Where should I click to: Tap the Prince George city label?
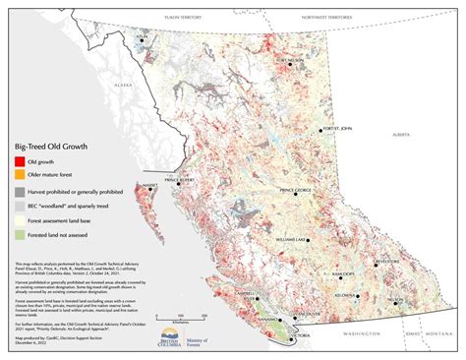297,190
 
